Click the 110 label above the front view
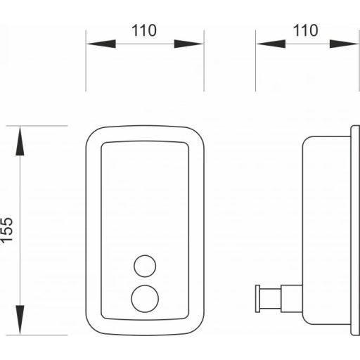(144, 30)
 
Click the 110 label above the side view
(305, 30)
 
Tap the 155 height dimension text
(6, 230)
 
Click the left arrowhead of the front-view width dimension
(101, 44)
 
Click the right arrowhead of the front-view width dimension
(188, 44)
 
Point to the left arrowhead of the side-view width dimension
(271, 44)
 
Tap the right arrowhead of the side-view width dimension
(344, 44)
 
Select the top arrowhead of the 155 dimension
(20, 141)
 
